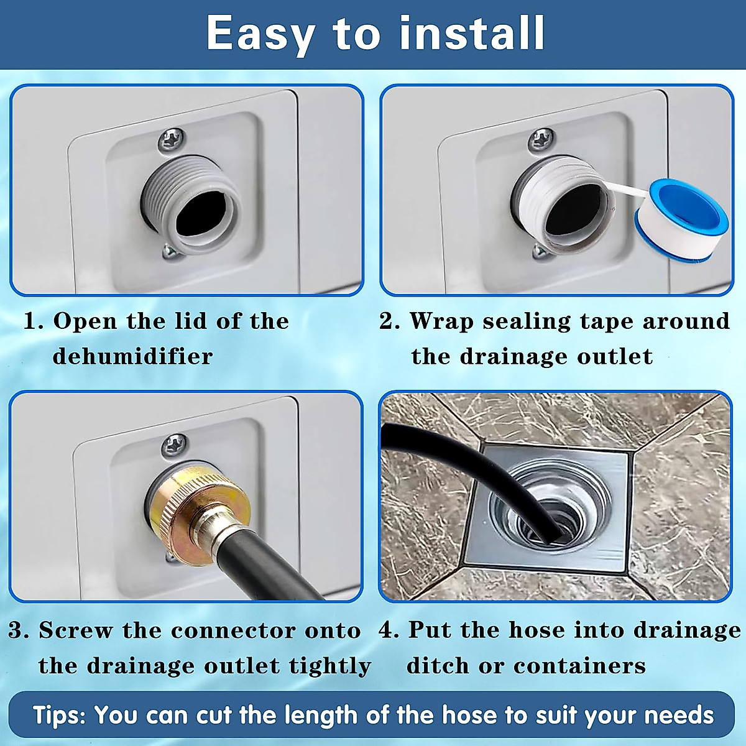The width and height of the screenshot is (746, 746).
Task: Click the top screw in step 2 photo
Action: click(541, 139)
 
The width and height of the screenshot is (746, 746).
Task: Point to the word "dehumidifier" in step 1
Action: click(132, 356)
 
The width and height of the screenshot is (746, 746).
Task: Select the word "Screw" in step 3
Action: click(76, 630)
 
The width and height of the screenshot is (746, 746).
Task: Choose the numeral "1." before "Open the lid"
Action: click(34, 321)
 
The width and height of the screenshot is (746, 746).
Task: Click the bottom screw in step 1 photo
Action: click(168, 251)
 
